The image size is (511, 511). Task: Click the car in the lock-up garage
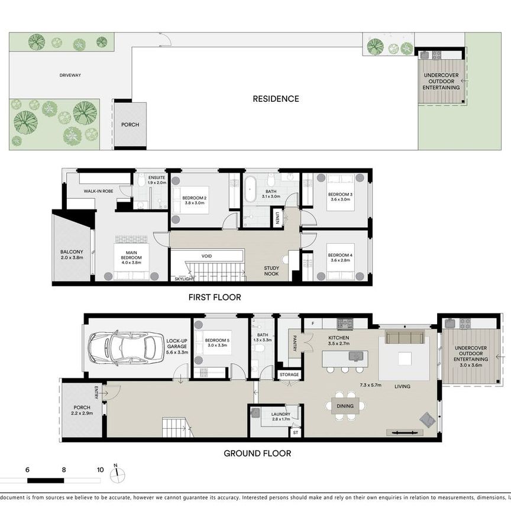click(126, 347)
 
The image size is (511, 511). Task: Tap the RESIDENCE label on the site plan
click(276, 99)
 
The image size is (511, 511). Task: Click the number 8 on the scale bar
click(64, 470)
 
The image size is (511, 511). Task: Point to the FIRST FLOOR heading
click(215, 297)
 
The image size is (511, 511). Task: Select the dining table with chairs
click(345, 406)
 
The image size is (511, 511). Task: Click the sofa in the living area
click(405, 337)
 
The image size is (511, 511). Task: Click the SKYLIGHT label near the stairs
click(184, 279)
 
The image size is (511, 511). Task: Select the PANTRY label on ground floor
click(294, 344)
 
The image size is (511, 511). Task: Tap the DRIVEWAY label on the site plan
click(70, 76)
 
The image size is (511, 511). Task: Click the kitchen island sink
click(355, 355)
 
